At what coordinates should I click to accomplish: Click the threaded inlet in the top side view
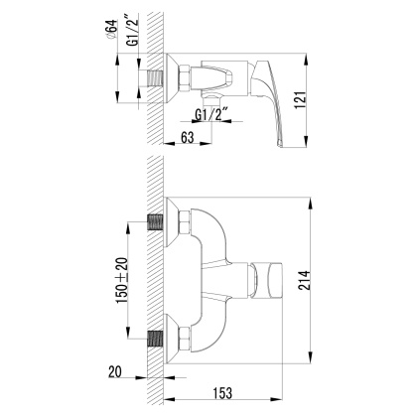coord(157,75)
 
